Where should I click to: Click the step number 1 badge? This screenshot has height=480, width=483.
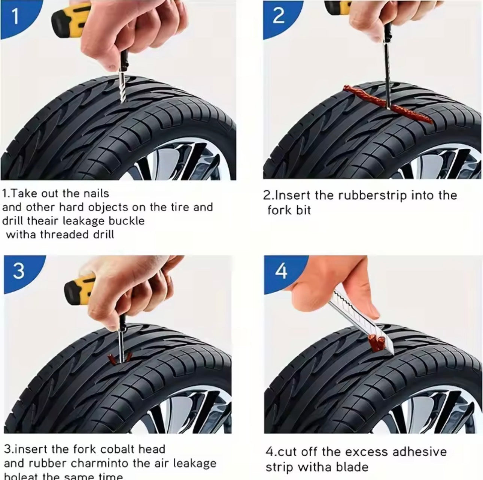(x=15, y=17)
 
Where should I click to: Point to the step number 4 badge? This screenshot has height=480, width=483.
(x=281, y=271)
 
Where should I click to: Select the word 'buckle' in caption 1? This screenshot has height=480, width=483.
(x=126, y=221)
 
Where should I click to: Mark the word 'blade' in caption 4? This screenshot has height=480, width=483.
(x=352, y=467)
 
